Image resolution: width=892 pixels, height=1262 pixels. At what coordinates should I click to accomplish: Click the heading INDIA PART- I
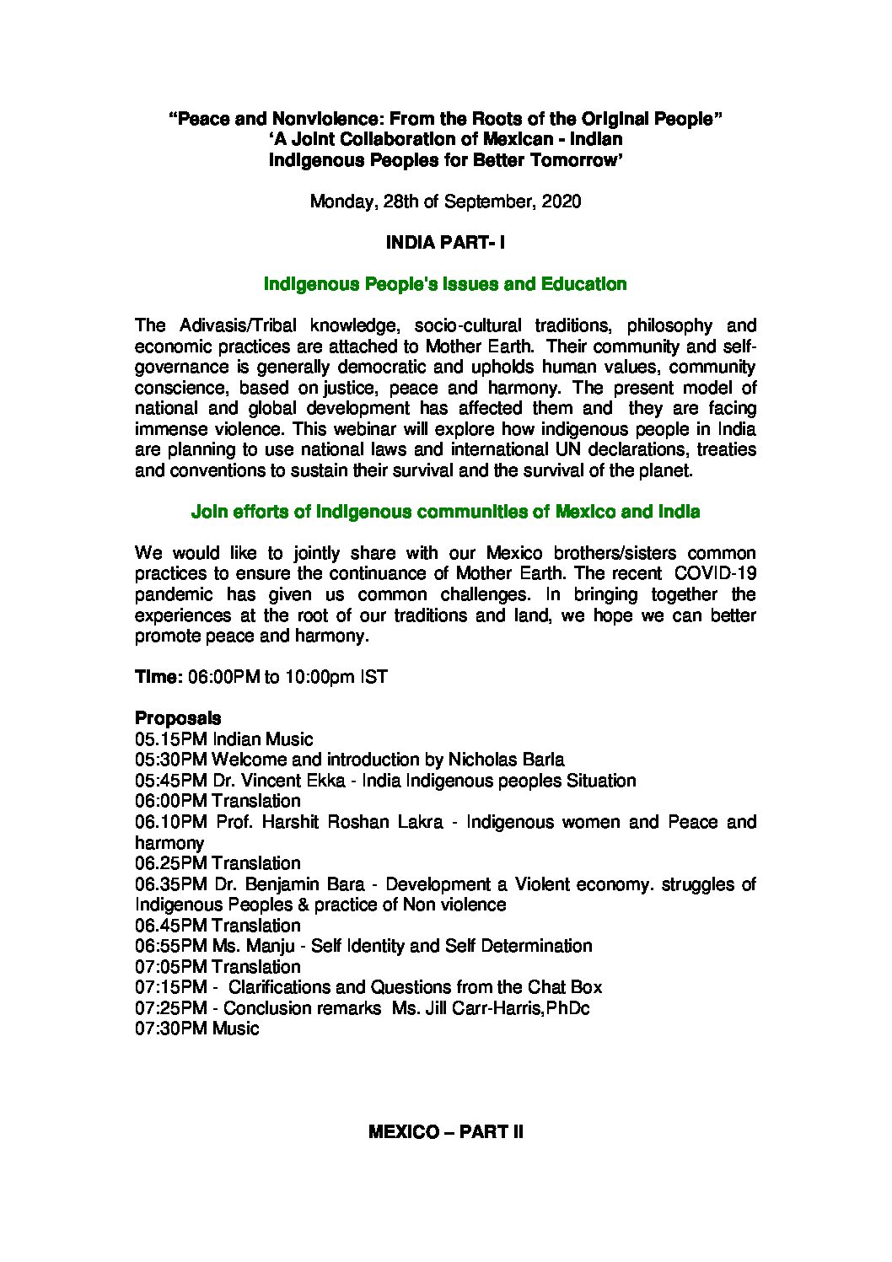pyautogui.click(x=445, y=243)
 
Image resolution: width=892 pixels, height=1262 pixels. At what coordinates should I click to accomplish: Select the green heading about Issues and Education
pyautogui.click(x=445, y=284)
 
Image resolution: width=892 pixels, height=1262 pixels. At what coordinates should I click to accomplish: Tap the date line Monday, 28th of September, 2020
pyautogui.click(x=445, y=202)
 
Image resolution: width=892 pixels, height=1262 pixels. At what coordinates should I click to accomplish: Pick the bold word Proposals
pyautogui.click(x=178, y=718)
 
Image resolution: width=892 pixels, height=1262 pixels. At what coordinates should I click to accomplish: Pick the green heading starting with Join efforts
pyautogui.click(x=445, y=512)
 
